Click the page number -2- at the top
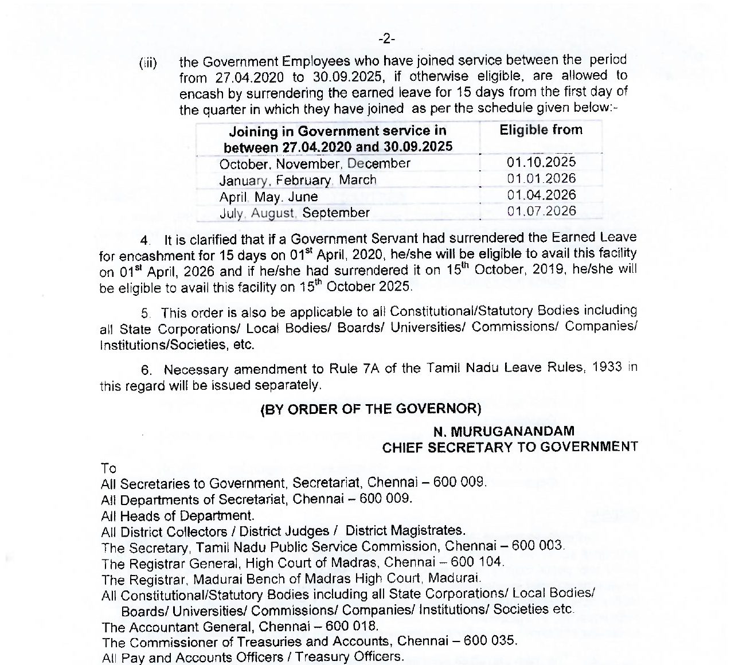[x=387, y=39]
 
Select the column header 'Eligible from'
[x=541, y=130]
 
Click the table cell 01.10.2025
[x=541, y=162]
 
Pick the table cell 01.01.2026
[x=541, y=179]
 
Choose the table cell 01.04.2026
[x=541, y=195]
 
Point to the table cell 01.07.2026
[x=541, y=211]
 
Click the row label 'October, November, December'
[x=315, y=164]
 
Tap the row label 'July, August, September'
[x=294, y=213]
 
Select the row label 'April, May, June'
[x=268, y=197]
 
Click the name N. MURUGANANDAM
[x=504, y=431]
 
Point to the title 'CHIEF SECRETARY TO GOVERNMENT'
[x=510, y=447]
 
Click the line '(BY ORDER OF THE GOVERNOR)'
[x=370, y=409]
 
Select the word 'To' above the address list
[x=108, y=468]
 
